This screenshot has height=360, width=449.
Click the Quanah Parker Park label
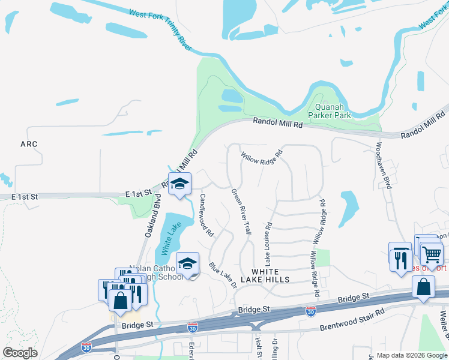click(x=328, y=109)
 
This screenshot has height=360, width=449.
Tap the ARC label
click(x=29, y=144)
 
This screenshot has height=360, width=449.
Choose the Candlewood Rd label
click(x=206, y=216)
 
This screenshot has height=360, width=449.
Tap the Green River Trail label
click(x=241, y=211)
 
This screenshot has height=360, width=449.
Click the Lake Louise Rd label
click(x=269, y=244)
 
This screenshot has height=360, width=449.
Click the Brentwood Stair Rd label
click(x=352, y=320)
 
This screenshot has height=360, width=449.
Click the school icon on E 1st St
click(x=179, y=184)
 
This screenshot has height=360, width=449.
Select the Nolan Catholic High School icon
click(x=188, y=264)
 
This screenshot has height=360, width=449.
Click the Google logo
click(x=20, y=353)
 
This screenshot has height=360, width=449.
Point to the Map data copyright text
click(x=411, y=355)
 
